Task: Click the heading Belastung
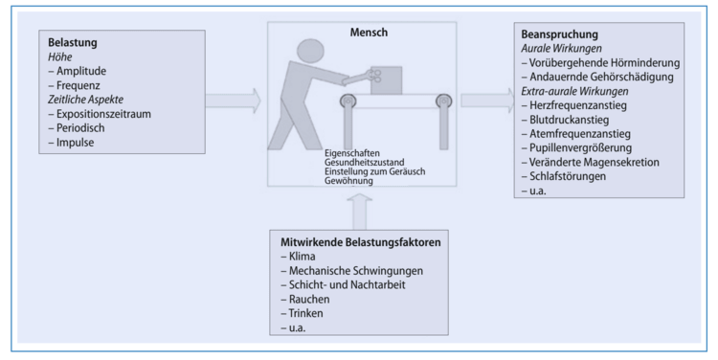pyautogui.click(x=75, y=43)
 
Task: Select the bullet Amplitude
pyautogui.click(x=83, y=71)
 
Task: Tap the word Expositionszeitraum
pyautogui.click(x=102, y=113)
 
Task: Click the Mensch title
pyautogui.click(x=371, y=33)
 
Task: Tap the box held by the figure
pyautogui.click(x=386, y=75)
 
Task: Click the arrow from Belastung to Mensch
pyautogui.click(x=235, y=98)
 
